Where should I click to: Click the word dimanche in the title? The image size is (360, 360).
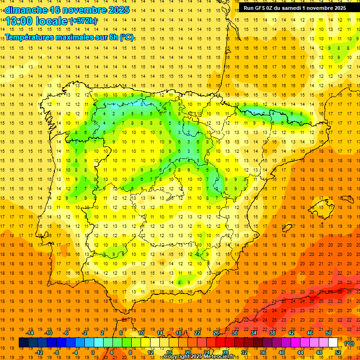pyautogui.click(x=26, y=10)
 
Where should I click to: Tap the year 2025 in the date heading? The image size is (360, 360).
pyautogui.click(x=118, y=10)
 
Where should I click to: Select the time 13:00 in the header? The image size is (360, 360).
pyautogui.click(x=19, y=21)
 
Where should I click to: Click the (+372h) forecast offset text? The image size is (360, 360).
pyautogui.click(x=84, y=21)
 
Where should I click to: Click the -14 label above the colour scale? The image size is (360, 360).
pyautogui.click(x=30, y=333)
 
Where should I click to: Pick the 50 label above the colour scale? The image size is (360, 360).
pyautogui.click(x=329, y=333)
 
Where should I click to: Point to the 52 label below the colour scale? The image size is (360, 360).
pyautogui.click(x=338, y=352)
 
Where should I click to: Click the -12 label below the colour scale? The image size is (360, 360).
pyautogui.click(x=39, y=352)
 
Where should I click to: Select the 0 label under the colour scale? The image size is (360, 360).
pyautogui.click(x=93, y=352)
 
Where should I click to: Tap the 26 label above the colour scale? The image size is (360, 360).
pyautogui.click(x=216, y=333)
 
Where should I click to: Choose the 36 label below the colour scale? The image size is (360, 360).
pyautogui.click(x=262, y=352)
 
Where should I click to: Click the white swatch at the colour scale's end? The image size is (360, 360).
pyautogui.click(x=333, y=343)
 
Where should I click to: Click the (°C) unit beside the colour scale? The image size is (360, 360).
pyautogui.click(x=350, y=343)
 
